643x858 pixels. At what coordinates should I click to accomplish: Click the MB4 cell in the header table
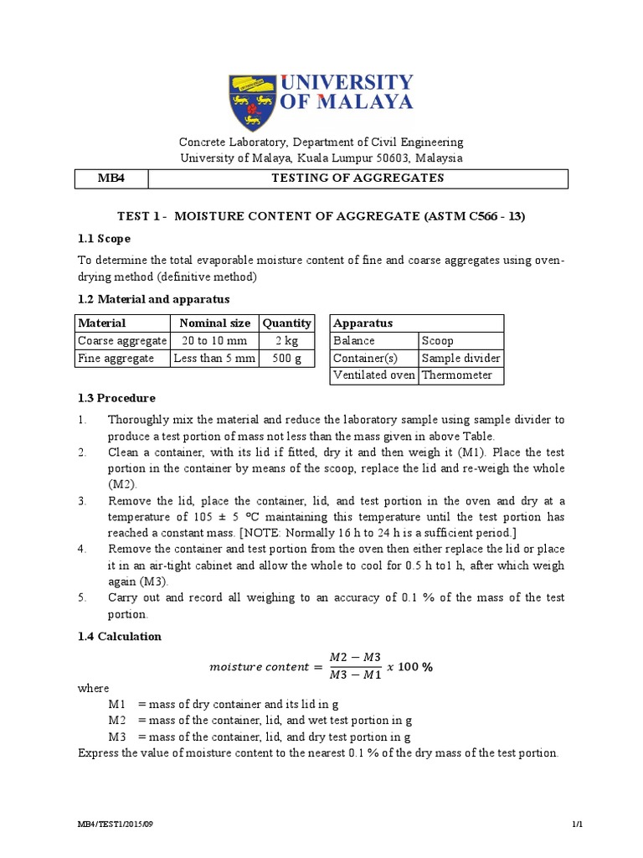[112, 178]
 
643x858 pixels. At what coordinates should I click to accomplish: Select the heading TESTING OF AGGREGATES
[359, 178]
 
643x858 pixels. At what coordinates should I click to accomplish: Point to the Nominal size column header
[214, 323]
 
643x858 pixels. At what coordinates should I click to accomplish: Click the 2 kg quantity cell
[286, 340]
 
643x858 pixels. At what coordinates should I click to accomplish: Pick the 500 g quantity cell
[286, 358]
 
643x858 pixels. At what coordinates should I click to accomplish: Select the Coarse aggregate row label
[122, 340]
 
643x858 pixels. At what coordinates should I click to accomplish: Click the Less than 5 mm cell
[214, 358]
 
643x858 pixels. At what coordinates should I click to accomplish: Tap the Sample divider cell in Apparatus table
[460, 358]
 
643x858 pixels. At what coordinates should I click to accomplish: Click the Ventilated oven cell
[373, 375]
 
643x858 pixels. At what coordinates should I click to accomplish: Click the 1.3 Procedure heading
[116, 398]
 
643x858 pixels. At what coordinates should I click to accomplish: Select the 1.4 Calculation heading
[119, 636]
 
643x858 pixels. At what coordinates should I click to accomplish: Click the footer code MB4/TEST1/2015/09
[115, 824]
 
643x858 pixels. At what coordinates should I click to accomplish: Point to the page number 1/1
[577, 824]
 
